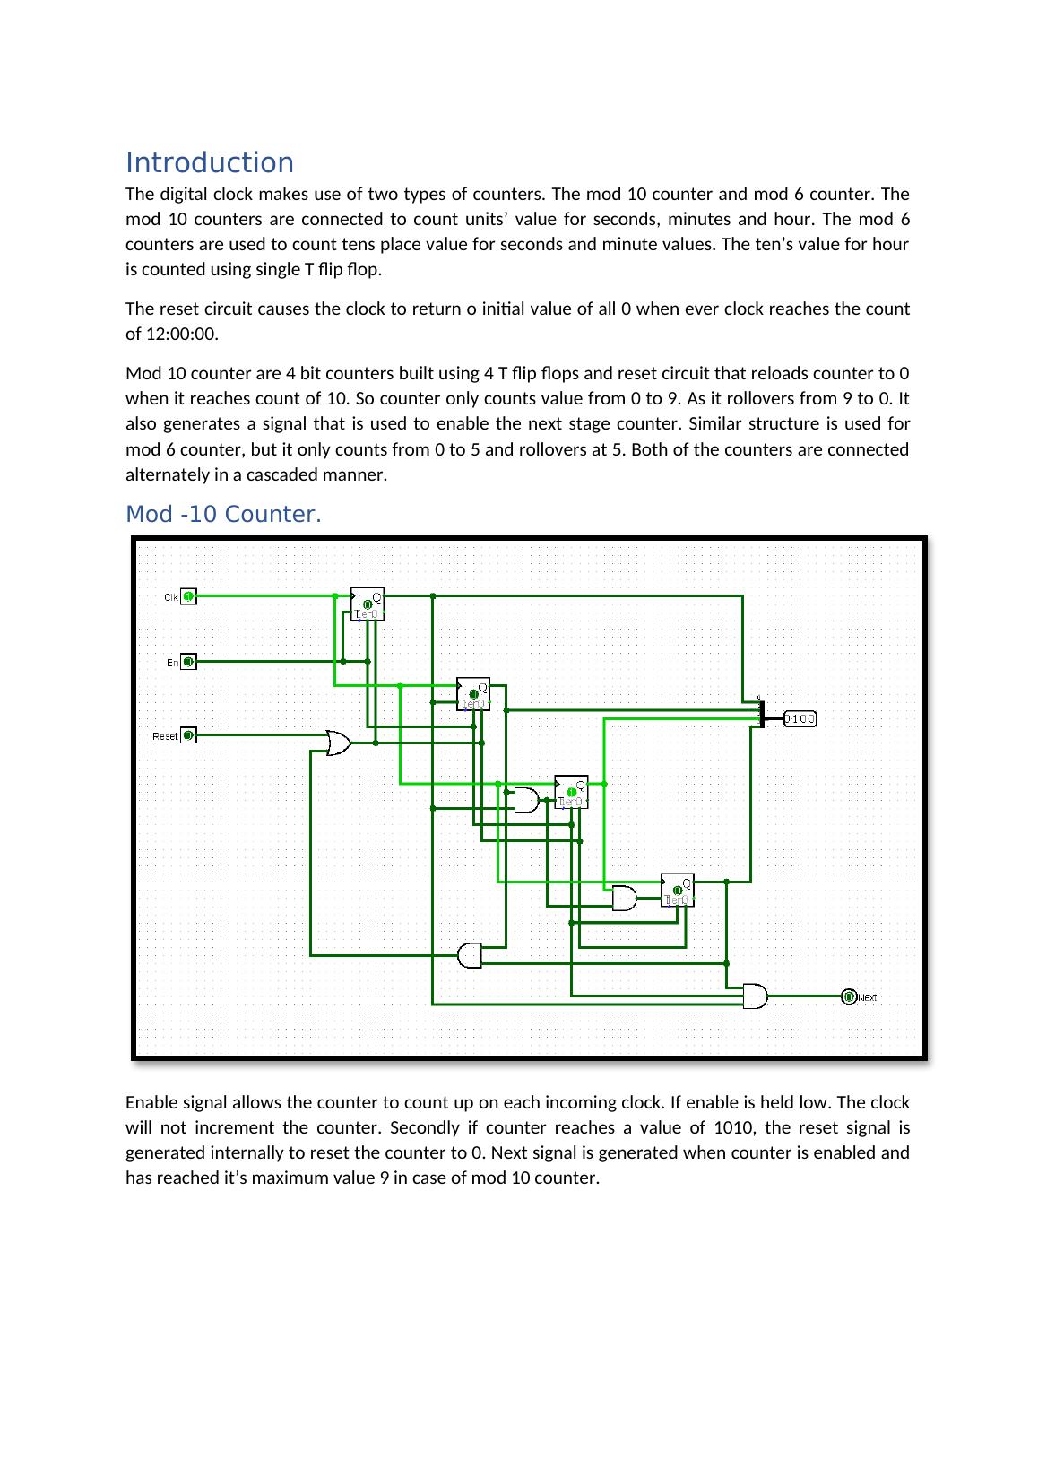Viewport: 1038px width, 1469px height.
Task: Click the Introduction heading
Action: pos(209,162)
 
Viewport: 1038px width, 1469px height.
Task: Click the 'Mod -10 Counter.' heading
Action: pos(222,515)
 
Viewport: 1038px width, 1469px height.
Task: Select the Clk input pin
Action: pos(188,596)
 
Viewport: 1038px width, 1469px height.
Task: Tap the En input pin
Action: pos(188,662)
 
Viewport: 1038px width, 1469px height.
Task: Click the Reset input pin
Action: pos(188,735)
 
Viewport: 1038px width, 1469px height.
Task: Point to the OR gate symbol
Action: pos(339,743)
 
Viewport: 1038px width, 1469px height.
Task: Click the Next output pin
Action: pos(849,996)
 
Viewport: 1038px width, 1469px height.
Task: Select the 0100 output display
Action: pos(800,718)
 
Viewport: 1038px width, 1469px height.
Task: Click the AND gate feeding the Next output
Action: pos(755,995)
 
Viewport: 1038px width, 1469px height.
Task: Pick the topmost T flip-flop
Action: pos(367,604)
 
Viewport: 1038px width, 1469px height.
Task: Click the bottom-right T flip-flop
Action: pos(677,889)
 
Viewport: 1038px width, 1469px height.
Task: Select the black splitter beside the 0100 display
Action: pos(760,712)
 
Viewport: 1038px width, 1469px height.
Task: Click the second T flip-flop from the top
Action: pos(473,693)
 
